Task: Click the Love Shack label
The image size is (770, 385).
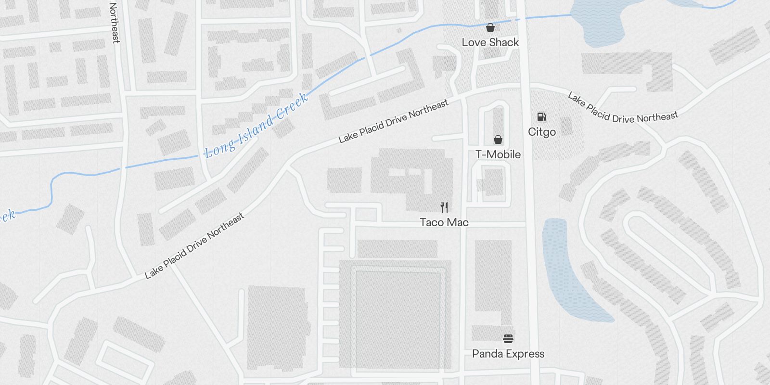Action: (490, 42)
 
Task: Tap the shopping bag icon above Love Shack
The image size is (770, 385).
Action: (490, 27)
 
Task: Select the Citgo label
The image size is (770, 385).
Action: (541, 132)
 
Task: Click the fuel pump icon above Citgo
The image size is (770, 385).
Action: (541, 117)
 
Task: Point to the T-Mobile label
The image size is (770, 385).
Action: (498, 154)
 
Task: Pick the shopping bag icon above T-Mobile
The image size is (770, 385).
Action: (498, 140)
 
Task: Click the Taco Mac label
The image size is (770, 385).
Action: (444, 222)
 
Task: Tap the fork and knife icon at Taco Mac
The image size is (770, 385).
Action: (444, 207)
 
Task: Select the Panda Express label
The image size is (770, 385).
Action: (508, 354)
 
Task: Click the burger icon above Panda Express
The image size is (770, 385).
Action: (508, 339)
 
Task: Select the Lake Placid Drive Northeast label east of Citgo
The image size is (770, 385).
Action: (623, 109)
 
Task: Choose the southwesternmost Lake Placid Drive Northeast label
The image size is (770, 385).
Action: (194, 246)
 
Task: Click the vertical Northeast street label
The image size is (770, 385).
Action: (115, 23)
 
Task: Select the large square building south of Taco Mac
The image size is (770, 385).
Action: (398, 315)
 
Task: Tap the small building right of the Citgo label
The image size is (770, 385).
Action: (566, 126)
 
